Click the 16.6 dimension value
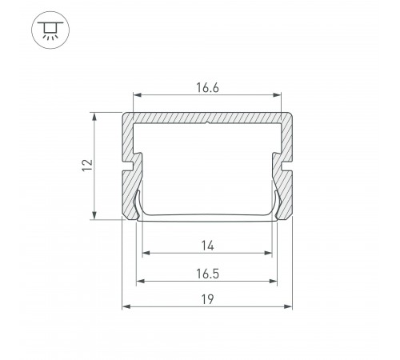(207, 88)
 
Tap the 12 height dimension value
(87, 165)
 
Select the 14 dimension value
(207, 246)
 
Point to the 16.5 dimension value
(207, 274)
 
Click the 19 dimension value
(207, 299)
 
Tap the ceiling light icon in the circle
(50, 30)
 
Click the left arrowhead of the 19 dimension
(126, 306)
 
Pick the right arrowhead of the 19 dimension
(288, 306)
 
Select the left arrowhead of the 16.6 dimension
(137, 95)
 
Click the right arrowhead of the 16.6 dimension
(278, 95)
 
